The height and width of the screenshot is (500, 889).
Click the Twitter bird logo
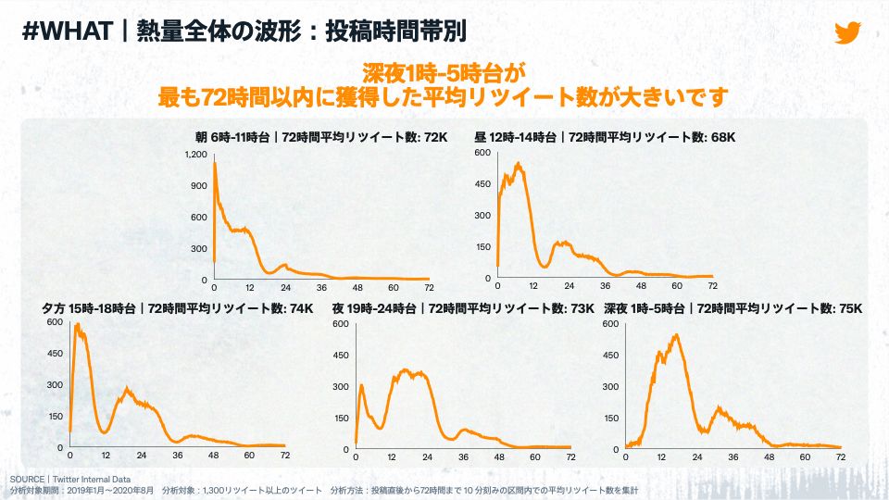pos(847,32)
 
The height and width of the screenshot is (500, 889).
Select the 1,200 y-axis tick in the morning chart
pos(195,154)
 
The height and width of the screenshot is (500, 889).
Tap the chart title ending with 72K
pos(314,137)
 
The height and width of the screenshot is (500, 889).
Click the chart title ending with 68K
pos(605,137)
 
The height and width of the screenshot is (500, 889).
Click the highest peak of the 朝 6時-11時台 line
pos(216,163)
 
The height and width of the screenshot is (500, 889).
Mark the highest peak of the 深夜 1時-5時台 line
pos(676,334)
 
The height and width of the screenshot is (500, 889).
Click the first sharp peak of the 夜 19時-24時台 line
pos(361,384)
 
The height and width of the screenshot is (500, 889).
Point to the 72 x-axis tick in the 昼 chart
pos(713,286)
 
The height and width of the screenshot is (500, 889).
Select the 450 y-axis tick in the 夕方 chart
pos(54,353)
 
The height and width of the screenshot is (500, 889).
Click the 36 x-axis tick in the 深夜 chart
pos(733,456)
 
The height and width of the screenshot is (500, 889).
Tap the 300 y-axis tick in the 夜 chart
pos(340,385)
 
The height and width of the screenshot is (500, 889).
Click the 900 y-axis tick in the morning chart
pos(198,185)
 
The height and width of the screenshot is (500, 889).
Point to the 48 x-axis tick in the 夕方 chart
pos(213,456)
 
